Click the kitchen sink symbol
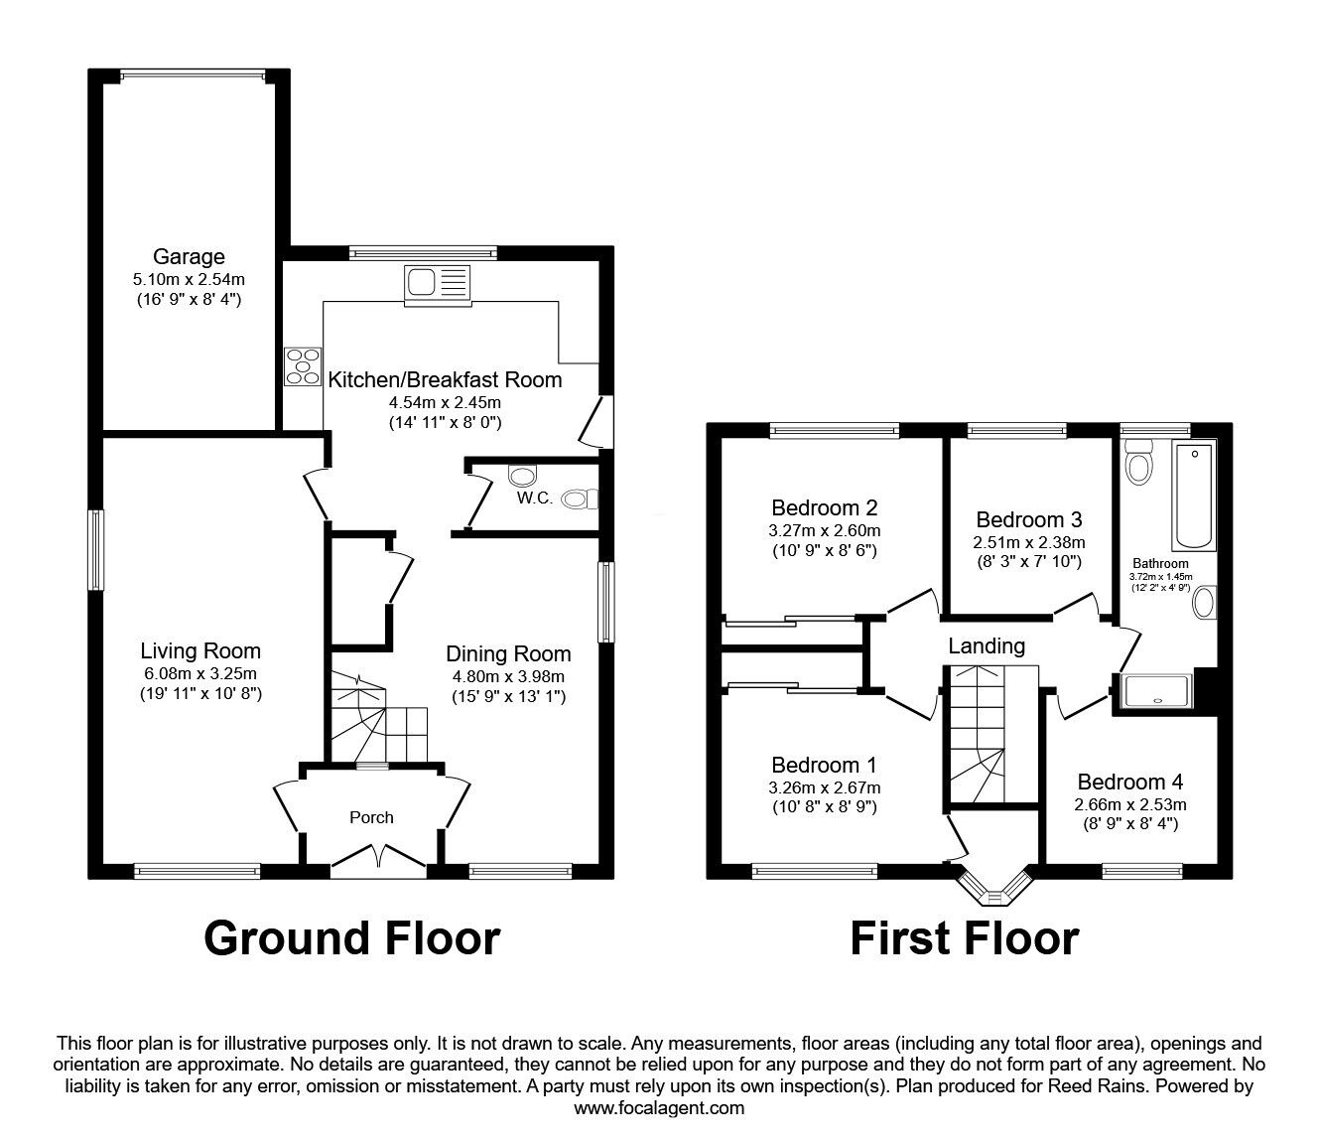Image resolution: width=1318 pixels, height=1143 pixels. [436, 282]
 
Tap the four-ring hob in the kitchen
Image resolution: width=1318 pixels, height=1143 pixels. [303, 365]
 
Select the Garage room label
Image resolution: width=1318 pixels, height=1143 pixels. [189, 257]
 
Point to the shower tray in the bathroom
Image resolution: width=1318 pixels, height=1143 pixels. [1157, 694]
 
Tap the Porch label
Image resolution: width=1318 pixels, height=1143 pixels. [371, 817]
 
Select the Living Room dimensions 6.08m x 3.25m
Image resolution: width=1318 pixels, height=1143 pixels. [200, 673]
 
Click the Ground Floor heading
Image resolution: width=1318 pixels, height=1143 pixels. [352, 937]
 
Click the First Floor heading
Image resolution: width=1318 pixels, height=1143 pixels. [964, 937]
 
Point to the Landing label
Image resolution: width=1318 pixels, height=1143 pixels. [986, 646]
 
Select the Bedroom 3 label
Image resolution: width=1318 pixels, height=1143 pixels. [1029, 519]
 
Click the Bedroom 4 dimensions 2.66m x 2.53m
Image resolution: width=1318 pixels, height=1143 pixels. [1129, 804]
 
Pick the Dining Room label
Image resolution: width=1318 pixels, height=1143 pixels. [508, 653]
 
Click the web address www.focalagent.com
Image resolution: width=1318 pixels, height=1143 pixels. [659, 1108]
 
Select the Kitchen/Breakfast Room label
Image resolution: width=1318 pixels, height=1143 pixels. [445, 379]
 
